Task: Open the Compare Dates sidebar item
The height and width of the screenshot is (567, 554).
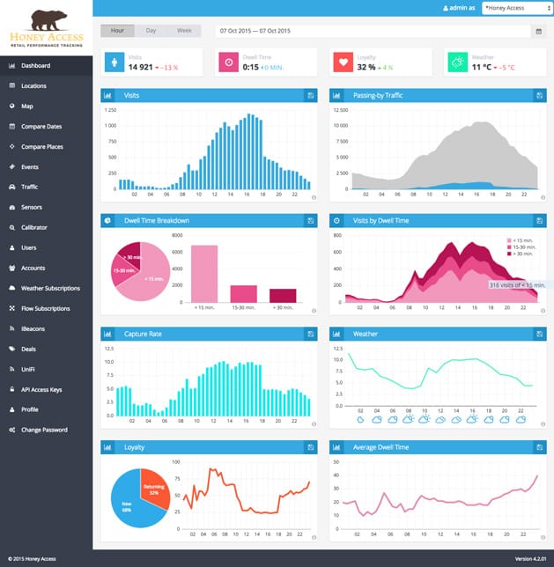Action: point(41,127)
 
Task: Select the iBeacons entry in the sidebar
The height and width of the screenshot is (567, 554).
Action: point(33,328)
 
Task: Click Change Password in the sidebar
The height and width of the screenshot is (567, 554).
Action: point(44,430)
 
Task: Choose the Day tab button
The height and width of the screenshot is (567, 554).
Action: point(151,31)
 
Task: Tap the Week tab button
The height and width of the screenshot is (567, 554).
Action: point(184,31)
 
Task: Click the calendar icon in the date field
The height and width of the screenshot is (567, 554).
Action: point(538,32)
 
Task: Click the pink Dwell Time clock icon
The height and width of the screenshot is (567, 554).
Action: point(228,63)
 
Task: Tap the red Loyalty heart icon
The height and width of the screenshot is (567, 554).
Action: point(343,63)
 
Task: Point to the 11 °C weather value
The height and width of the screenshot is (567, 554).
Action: point(481,67)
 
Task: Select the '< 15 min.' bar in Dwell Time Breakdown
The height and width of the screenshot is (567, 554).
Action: point(204,274)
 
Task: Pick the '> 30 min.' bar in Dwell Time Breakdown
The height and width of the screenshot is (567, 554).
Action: point(283,295)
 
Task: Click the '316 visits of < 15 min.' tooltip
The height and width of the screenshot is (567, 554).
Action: point(517,284)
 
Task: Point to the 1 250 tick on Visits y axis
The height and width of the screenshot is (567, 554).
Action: point(110,111)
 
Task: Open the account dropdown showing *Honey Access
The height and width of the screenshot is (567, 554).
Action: point(513,7)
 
